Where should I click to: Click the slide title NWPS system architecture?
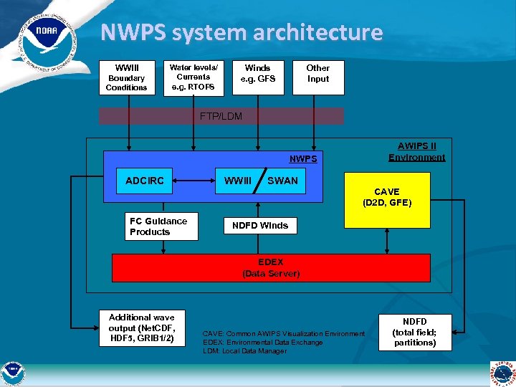242,32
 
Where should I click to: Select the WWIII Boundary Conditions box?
126,77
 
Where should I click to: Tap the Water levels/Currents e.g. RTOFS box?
193,77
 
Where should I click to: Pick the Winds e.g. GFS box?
257,77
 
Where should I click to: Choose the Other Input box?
318,77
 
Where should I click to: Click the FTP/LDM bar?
221,116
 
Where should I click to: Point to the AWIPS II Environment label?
416,152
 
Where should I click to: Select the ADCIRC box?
145,181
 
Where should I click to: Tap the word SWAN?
282,181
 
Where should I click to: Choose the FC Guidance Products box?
163,226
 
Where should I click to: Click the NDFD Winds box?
260,226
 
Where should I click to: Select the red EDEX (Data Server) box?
271,268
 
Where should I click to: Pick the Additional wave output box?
141,328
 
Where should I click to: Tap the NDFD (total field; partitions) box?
414,332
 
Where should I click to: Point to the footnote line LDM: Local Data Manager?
245,351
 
